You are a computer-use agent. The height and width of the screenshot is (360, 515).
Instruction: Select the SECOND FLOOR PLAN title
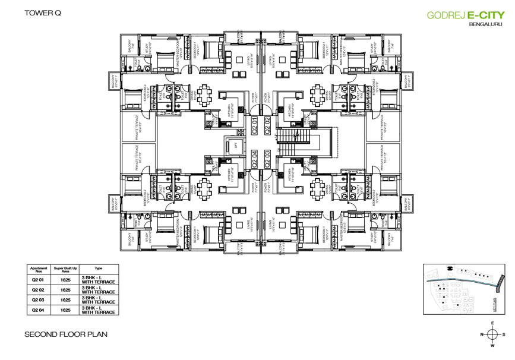click(x=66, y=334)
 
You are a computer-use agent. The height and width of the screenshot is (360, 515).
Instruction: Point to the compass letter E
click(x=492, y=323)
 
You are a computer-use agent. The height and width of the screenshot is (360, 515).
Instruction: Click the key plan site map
click(x=462, y=289)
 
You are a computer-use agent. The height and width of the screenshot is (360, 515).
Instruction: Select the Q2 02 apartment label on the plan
click(x=267, y=126)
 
